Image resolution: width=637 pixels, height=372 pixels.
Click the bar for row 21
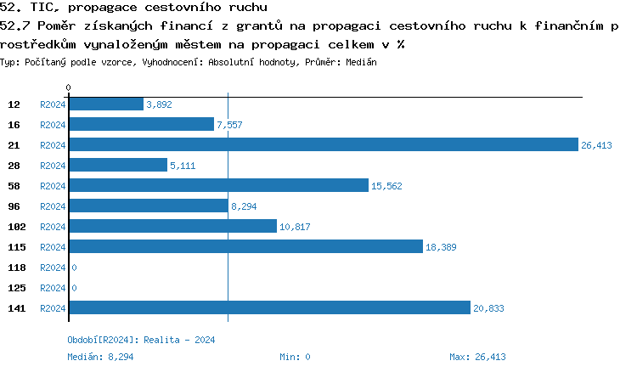click(x=323, y=144)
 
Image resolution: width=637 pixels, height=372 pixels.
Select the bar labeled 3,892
click(x=105, y=104)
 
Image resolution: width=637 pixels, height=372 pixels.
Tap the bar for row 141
click(x=268, y=307)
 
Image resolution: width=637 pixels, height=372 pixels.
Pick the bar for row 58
click(x=217, y=185)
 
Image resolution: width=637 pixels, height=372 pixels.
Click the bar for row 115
click(x=245, y=246)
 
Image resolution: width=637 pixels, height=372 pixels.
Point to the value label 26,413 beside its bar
click(x=596, y=145)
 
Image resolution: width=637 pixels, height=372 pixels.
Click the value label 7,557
click(x=229, y=125)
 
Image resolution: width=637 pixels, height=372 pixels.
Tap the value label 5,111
click(x=183, y=166)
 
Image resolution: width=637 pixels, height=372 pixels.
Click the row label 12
click(x=14, y=104)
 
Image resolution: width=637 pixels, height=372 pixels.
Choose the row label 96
click(x=14, y=206)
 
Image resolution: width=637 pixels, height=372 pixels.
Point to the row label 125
click(x=16, y=288)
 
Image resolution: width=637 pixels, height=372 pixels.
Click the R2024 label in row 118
click(x=53, y=268)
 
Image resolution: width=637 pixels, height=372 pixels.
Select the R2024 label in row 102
click(x=53, y=227)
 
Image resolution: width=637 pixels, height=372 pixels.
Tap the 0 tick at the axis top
click(x=69, y=87)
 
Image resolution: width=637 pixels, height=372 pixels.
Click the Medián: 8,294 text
click(x=100, y=357)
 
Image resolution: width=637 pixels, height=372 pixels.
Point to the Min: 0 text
click(x=295, y=357)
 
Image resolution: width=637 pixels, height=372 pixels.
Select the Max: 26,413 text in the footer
click(x=477, y=357)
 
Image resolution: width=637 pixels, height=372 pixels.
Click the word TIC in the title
click(x=39, y=7)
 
